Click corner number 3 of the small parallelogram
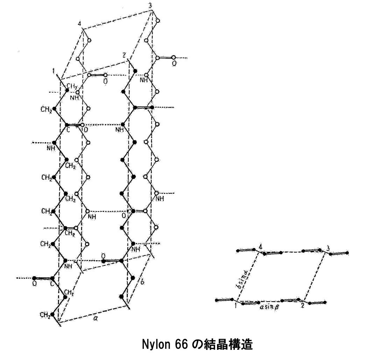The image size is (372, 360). click(327, 248)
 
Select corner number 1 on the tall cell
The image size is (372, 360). click(54, 71)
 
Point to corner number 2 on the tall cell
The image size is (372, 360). click(124, 55)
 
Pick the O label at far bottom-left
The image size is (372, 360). click(34, 284)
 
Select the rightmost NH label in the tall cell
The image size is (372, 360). click(160, 199)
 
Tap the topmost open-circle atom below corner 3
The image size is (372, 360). click(158, 21)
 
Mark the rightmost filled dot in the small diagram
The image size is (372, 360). click(347, 252)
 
